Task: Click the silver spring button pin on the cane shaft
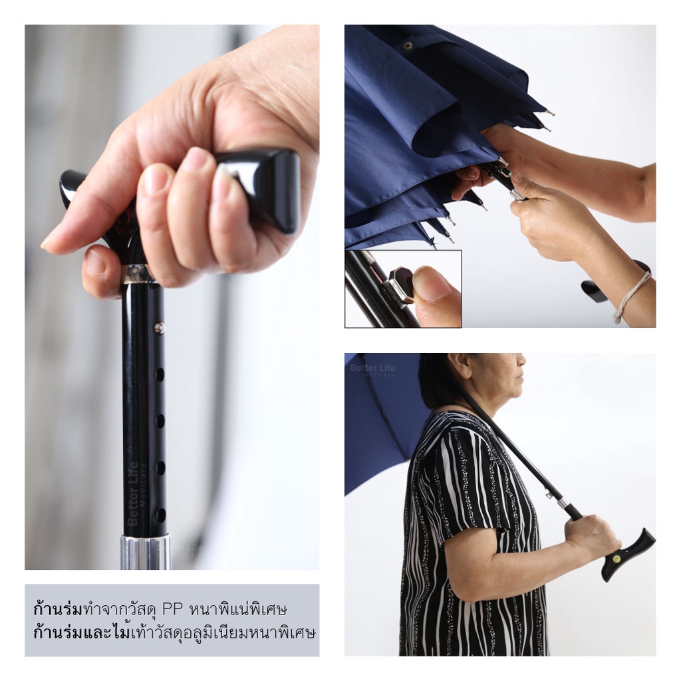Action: coord(160,327)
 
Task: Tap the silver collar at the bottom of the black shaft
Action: coord(145,553)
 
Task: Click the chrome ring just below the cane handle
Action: coord(139,274)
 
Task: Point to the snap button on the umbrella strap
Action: coord(408,45)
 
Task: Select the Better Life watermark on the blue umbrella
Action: coord(372,370)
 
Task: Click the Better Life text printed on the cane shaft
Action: coord(138,492)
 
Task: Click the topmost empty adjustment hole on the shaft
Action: coord(160,374)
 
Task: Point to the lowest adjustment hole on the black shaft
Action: coord(160,515)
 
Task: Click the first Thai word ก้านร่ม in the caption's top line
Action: coord(58,609)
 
